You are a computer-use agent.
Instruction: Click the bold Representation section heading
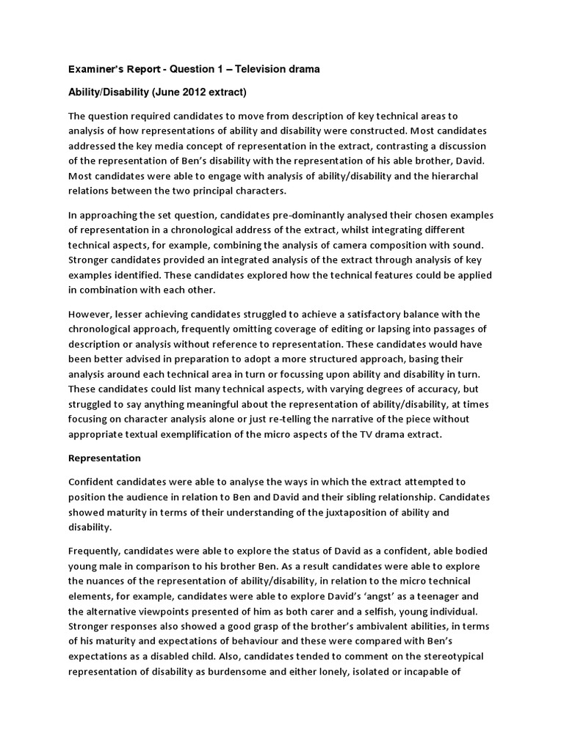104,458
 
